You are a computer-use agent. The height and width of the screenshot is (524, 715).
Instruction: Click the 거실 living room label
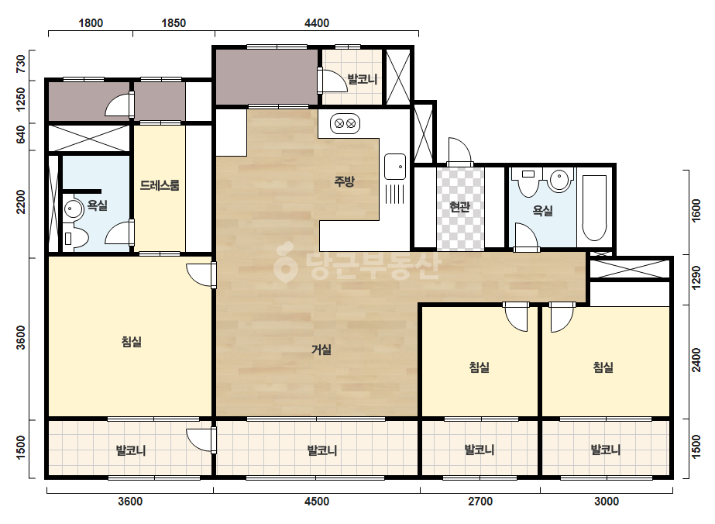pos(321,350)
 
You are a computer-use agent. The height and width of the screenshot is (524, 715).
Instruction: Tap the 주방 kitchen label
pos(344,181)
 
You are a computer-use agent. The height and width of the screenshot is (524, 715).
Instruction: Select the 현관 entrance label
pos(459,207)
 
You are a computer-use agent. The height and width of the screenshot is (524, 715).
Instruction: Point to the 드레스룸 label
pos(160,185)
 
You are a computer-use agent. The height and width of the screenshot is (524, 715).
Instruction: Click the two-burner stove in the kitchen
pos(345,124)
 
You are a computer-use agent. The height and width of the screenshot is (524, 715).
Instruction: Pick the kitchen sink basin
pos(395,167)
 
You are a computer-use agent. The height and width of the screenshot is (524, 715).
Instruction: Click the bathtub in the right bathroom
pos(594,209)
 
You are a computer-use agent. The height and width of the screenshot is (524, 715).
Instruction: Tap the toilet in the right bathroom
pos(528,181)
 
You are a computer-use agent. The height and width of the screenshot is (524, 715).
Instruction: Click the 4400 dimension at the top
pos(317,22)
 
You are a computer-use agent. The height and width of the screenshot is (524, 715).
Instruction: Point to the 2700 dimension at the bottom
pos(480,502)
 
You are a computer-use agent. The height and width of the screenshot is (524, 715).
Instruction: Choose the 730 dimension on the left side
pos(21,64)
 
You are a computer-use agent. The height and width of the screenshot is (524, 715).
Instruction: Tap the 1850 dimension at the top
pos(174,22)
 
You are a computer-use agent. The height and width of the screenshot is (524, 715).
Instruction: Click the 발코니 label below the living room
pos(322,450)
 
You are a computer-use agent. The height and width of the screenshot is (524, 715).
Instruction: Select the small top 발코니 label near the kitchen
pos(363,79)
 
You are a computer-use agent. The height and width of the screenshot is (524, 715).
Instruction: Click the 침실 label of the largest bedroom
pos(132,341)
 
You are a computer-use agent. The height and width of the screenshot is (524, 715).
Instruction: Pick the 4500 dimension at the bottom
pos(317,502)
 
